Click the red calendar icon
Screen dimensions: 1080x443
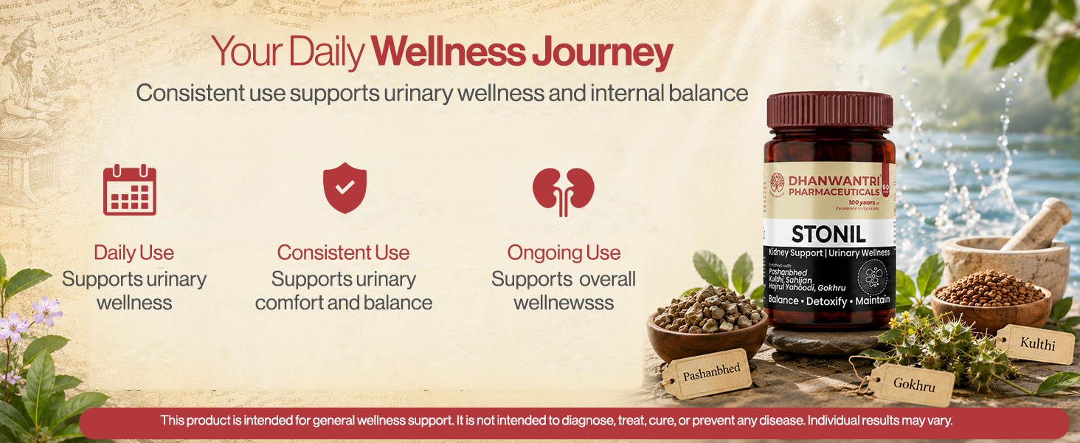click(130, 190)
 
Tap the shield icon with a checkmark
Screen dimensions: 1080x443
click(345, 188)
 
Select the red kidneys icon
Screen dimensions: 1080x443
click(563, 191)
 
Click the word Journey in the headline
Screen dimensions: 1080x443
click(602, 52)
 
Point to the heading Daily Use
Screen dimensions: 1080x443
click(134, 253)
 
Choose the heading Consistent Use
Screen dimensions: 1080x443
click(343, 253)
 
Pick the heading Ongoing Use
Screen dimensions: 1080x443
click(564, 253)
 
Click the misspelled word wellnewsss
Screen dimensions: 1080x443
click(564, 303)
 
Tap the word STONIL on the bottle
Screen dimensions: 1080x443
click(828, 235)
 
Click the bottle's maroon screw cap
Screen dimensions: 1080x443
click(830, 111)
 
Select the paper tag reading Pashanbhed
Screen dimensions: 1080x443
click(707, 374)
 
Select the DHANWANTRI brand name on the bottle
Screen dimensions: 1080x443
click(834, 181)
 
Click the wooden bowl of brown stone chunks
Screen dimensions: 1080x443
click(707, 323)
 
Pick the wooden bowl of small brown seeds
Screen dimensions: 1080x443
click(991, 301)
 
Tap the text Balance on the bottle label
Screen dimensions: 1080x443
click(783, 301)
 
